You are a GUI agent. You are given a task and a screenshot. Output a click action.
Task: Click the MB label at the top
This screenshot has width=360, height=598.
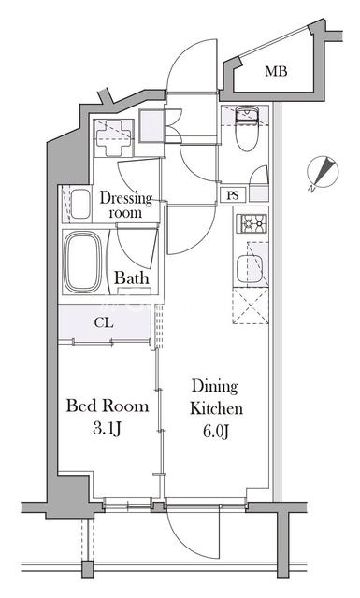(276, 71)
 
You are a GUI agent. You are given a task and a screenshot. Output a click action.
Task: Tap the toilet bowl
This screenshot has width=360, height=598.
(247, 130)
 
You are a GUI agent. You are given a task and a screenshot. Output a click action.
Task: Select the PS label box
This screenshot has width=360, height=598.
(233, 195)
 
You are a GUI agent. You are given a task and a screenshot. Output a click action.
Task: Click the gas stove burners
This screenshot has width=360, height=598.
(252, 223)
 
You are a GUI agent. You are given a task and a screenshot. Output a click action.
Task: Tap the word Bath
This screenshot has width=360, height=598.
(131, 278)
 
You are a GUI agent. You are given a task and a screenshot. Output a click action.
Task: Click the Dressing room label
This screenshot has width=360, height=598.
(125, 206)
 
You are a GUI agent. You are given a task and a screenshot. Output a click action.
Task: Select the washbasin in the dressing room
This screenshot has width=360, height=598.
(80, 204)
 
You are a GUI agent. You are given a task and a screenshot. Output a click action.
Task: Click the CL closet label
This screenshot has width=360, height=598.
(104, 323)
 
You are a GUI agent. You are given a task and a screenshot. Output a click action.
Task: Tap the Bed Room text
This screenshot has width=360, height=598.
(108, 406)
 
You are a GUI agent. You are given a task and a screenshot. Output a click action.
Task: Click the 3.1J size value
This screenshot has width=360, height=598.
(107, 429)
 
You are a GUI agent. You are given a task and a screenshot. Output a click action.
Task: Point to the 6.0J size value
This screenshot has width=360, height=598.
(216, 432)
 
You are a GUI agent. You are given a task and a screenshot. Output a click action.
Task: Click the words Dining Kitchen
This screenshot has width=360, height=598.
(216, 397)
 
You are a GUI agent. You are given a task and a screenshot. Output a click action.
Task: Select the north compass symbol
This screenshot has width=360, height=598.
(323, 172)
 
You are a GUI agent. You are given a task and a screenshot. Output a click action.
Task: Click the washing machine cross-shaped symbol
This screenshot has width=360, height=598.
(112, 138)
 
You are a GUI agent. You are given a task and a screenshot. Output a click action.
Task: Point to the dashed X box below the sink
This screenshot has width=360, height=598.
(251, 306)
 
